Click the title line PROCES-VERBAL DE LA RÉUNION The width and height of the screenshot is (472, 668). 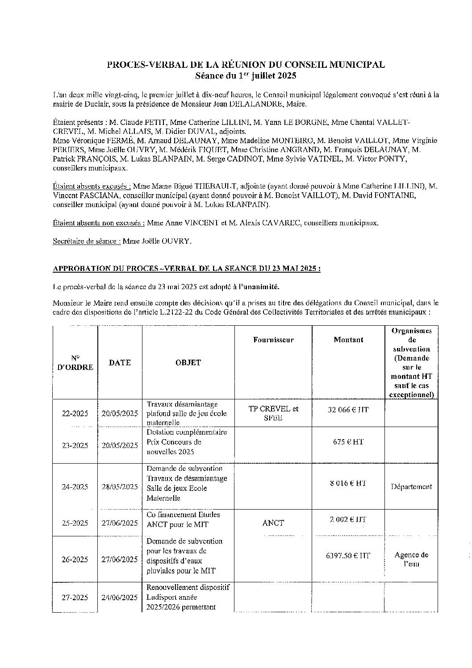(246, 65)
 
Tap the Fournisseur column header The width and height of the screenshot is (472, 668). (273, 340)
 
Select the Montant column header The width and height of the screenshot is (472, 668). (348, 340)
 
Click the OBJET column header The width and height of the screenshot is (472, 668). (188, 363)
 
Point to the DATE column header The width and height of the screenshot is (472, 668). (120, 363)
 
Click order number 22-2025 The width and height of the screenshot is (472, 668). (75, 414)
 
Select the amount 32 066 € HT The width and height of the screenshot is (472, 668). (348, 409)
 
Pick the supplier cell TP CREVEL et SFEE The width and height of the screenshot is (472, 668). (273, 413)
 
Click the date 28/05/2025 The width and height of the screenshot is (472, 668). (120, 487)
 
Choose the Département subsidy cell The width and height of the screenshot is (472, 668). (411, 487)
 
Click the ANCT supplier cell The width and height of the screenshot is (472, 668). (273, 523)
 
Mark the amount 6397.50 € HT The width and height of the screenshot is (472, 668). (348, 556)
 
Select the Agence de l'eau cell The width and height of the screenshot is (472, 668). (411, 559)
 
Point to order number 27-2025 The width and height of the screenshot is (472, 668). (75, 597)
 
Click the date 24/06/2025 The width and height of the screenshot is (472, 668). (120, 597)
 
